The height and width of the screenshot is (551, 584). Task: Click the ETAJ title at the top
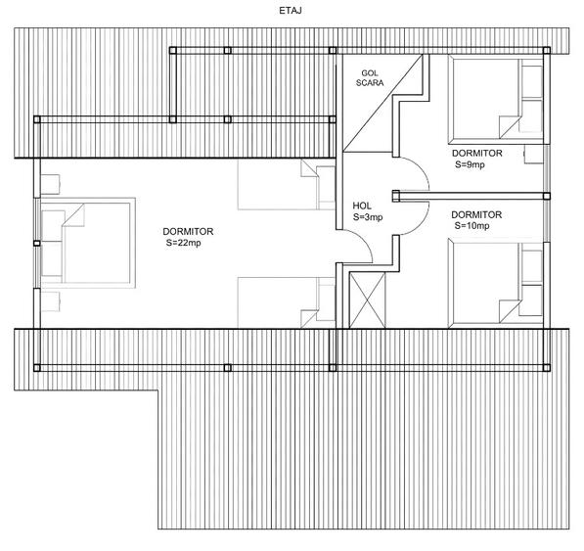coord(291,11)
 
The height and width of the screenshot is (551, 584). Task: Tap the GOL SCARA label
coord(370,78)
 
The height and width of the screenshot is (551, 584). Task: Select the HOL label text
coord(362,206)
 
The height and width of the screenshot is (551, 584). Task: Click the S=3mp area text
coord(368,217)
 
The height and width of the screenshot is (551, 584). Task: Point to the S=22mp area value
coord(184,243)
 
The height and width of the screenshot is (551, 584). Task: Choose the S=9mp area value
coord(470,164)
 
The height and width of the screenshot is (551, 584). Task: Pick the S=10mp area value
coord(472,225)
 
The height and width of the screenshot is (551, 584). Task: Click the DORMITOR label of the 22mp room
coord(188,231)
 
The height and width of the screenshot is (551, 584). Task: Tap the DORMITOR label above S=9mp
coord(477,153)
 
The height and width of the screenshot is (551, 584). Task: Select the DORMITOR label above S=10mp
coord(476,214)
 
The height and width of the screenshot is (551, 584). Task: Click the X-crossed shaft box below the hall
coord(367,300)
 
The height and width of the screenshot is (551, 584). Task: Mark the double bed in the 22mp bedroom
coord(88,243)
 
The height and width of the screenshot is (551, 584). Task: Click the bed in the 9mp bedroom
coord(496,100)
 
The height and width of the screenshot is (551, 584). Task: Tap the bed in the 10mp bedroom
coord(496,284)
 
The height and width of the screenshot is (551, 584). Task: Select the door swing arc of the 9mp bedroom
coord(421,168)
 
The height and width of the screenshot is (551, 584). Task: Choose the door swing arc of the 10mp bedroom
coord(421,223)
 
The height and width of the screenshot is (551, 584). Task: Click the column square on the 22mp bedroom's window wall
coord(36,244)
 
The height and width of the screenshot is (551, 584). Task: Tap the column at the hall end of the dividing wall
coord(395,196)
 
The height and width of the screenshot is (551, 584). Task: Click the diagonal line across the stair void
coord(382,103)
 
